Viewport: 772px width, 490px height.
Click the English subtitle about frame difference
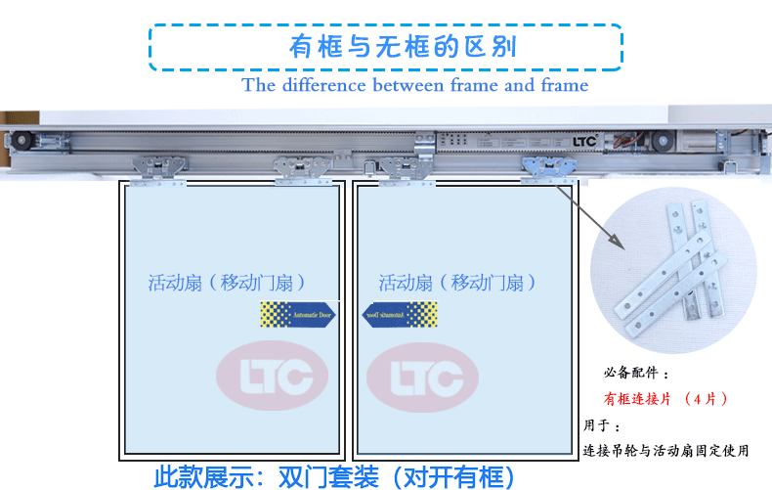click(x=415, y=85)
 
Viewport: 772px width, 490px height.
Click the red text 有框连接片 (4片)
click(x=665, y=399)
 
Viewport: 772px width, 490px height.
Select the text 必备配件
click(x=636, y=374)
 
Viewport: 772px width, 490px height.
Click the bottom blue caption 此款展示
click(x=333, y=476)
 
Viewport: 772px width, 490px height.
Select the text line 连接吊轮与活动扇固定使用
click(x=665, y=451)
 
